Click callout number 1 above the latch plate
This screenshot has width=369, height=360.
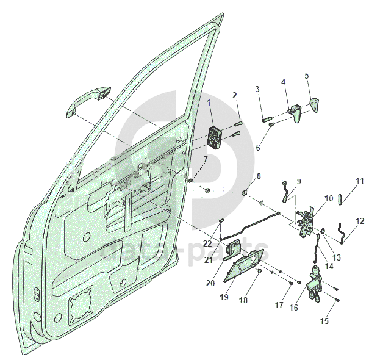[209, 103]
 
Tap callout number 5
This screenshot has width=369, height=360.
[307, 76]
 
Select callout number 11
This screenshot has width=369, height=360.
[360, 181]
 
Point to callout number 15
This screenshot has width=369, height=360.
[324, 321]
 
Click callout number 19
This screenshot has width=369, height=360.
[224, 297]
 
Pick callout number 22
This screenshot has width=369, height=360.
[207, 243]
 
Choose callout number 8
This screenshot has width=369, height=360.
[259, 176]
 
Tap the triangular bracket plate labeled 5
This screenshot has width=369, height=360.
[314, 104]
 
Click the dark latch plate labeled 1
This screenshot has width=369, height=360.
[214, 138]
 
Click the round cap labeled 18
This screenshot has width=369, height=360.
[260, 271]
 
